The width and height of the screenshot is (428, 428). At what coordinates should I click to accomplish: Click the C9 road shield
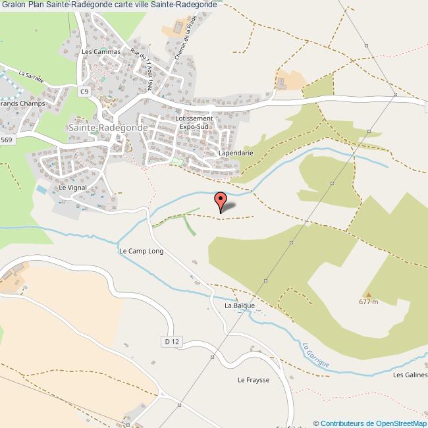pyautogui.click(x=84, y=92)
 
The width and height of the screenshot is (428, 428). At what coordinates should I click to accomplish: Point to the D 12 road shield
pyautogui.click(x=171, y=341)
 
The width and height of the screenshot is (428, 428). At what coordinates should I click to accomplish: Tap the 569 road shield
pyautogui.click(x=7, y=140)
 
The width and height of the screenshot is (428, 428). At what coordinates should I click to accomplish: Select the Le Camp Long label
pyautogui.click(x=140, y=251)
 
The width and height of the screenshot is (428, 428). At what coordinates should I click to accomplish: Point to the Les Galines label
pyautogui.click(x=410, y=375)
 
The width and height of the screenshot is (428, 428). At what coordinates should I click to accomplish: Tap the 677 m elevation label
pyautogui.click(x=369, y=302)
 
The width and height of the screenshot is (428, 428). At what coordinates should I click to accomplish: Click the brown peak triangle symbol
pyautogui.click(x=369, y=294)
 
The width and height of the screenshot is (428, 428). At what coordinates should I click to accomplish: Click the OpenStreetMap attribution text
pyautogui.click(x=371, y=423)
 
